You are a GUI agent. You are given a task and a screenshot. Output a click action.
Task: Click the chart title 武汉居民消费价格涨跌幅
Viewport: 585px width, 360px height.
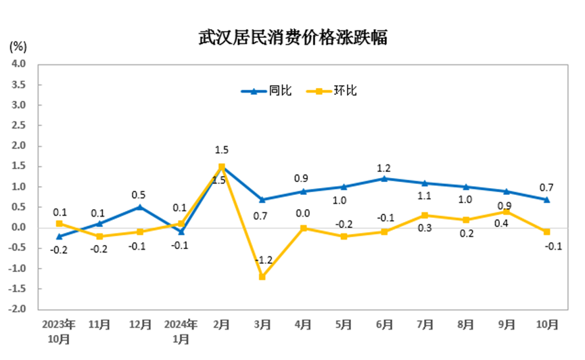click(x=292, y=38)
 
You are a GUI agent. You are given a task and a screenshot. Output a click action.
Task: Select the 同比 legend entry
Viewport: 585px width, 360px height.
click(x=267, y=91)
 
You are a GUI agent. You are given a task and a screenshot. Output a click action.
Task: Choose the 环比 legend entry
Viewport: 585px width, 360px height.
click(x=332, y=91)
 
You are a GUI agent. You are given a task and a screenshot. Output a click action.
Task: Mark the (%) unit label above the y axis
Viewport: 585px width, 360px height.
click(x=18, y=47)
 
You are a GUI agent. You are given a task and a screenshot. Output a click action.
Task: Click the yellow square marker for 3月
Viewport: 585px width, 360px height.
click(x=262, y=277)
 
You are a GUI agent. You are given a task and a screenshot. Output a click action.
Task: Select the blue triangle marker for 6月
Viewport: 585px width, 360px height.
click(x=384, y=179)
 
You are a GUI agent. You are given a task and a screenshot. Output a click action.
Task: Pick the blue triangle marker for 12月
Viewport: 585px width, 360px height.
click(x=140, y=207)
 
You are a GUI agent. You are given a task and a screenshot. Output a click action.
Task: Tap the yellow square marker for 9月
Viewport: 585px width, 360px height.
click(x=506, y=211)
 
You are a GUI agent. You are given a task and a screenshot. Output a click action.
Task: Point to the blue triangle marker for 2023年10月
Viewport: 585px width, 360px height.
click(x=59, y=236)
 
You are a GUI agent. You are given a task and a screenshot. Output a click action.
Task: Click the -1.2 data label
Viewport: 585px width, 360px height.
click(x=264, y=261)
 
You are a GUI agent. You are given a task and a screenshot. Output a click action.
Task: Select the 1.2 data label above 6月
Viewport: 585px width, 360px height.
click(x=384, y=168)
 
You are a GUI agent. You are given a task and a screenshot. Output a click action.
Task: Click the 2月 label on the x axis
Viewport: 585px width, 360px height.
click(x=221, y=324)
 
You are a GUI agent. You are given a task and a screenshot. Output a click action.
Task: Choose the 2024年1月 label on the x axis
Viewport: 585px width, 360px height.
click(x=181, y=330)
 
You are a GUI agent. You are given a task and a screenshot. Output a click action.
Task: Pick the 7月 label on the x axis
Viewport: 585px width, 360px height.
click(x=425, y=324)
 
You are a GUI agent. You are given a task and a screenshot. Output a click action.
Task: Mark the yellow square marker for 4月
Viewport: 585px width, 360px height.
click(x=303, y=228)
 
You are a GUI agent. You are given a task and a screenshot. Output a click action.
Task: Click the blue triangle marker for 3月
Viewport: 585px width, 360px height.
click(x=262, y=200)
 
